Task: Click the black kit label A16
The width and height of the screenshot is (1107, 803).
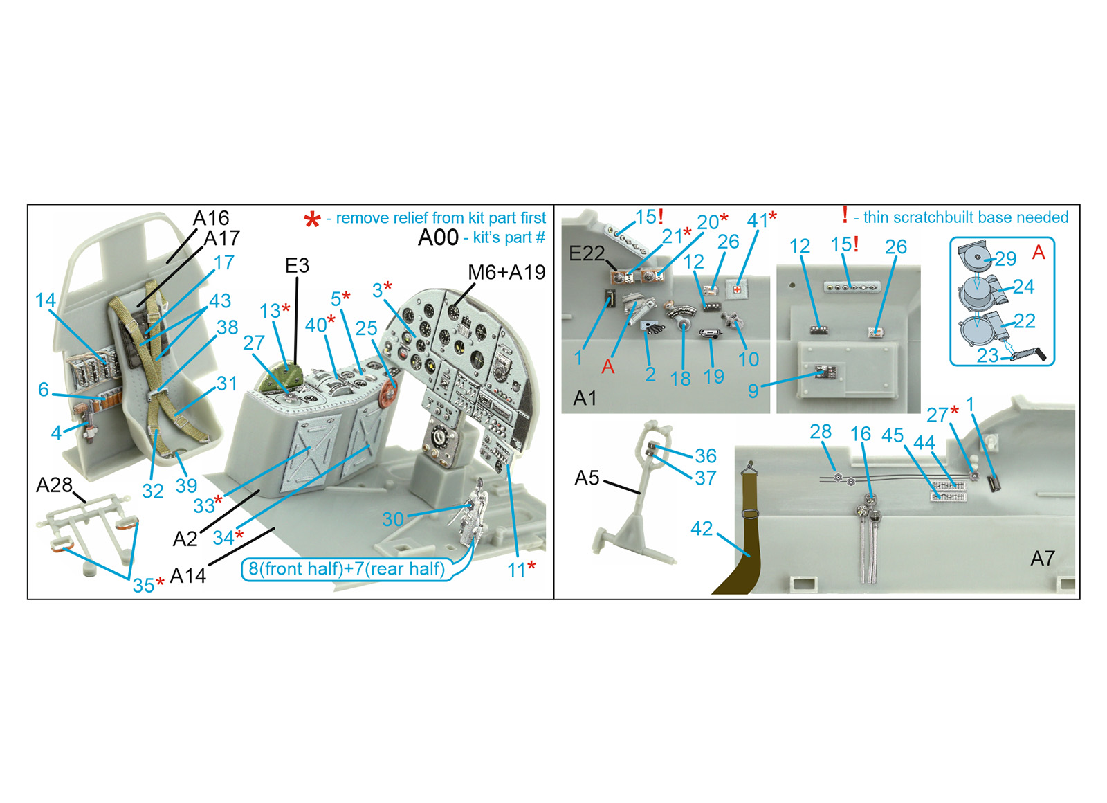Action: point(211,218)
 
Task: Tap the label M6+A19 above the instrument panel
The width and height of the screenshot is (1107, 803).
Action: point(506,272)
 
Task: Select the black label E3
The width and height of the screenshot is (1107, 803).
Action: point(297,266)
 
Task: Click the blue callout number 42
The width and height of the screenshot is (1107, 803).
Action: point(702,529)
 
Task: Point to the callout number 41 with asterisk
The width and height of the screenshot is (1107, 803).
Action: point(762,219)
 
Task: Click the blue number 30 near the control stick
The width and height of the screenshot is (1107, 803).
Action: point(393,519)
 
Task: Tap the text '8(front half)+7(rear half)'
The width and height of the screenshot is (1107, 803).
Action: point(347,568)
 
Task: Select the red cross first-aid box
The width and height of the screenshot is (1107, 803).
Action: point(737,288)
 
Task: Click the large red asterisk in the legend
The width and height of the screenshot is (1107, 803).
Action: point(312,219)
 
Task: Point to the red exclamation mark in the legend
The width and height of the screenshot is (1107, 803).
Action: point(845,215)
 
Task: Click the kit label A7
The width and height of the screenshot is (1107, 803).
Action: point(1043,559)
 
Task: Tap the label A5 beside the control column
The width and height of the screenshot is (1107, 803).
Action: point(587,478)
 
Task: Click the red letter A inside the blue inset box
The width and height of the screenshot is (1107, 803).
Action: point(1039,253)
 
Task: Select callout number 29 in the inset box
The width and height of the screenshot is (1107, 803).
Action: point(1005,259)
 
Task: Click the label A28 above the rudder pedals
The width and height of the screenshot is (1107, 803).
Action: point(55,485)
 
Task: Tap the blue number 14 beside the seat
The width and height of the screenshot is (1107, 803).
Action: point(46,300)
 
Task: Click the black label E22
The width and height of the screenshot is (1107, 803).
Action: point(587,253)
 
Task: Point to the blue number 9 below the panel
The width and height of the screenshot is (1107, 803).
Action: point(753,390)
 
